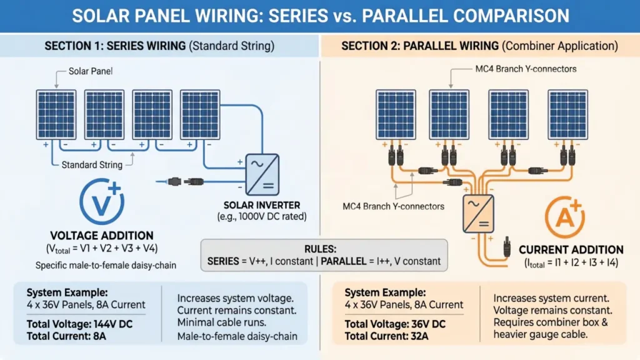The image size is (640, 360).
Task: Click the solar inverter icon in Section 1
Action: [262, 175]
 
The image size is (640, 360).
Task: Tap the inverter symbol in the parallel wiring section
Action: [478, 214]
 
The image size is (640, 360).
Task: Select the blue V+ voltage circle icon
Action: [102, 201]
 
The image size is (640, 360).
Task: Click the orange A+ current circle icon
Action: [565, 217]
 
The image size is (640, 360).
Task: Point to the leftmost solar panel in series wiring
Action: [56, 115]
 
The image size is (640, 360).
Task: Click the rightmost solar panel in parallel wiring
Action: [567, 115]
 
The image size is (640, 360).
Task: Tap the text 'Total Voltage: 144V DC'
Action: [79, 324]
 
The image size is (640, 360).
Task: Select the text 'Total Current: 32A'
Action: [386, 336]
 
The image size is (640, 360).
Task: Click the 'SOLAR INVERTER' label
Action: [262, 205]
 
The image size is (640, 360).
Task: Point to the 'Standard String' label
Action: [92, 165]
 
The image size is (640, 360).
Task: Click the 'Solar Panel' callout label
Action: [91, 71]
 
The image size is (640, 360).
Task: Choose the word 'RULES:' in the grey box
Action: [321, 249]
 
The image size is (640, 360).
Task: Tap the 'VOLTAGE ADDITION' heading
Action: [102, 236]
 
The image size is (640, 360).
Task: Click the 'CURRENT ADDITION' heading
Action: [571, 250]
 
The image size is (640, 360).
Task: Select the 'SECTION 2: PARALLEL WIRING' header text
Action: [420, 46]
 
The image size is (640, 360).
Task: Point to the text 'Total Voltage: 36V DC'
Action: [395, 324]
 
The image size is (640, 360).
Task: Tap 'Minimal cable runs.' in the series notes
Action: [222, 322]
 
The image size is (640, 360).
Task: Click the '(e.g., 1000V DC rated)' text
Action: [262, 216]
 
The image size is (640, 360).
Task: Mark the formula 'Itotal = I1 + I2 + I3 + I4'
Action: [571, 263]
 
